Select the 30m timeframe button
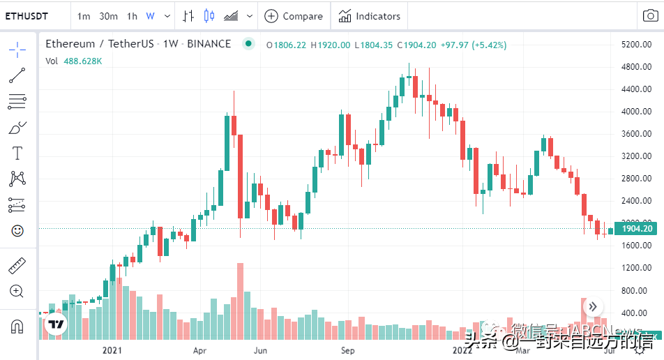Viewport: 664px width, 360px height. coord(108,16)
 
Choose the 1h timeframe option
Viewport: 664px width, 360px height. coord(132,16)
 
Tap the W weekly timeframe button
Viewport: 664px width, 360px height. coord(150,16)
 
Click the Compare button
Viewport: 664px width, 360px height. coord(294,16)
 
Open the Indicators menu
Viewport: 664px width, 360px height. coord(370,16)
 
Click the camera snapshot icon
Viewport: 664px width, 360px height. coord(649,16)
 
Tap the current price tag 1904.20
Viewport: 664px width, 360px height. coord(636,229)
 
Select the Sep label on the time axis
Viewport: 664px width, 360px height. coord(349,350)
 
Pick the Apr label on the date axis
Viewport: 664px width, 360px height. coord(199,350)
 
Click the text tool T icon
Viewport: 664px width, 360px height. coord(17,153)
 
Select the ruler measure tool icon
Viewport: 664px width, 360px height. coord(17,266)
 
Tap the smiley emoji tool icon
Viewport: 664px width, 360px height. coord(17,230)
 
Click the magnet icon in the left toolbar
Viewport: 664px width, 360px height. coord(17,326)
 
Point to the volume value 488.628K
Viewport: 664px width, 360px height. coord(83,61)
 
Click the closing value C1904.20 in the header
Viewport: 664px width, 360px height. coord(416,45)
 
